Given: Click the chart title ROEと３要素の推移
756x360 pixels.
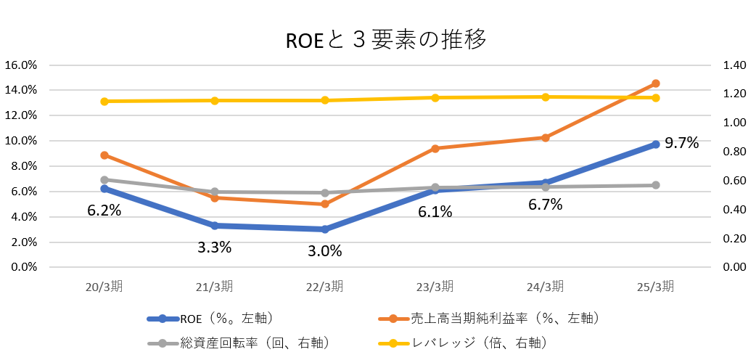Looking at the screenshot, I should pos(386,40).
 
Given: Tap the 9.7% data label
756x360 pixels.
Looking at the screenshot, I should pos(682,143).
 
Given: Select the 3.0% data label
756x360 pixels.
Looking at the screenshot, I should pos(324,251).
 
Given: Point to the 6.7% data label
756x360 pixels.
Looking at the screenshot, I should pos(546,205).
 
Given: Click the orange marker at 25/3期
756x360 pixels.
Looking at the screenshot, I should pos(655,83).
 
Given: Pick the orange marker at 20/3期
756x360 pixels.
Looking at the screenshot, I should pos(104,155).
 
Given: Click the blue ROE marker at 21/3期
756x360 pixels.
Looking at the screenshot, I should pos(215,226).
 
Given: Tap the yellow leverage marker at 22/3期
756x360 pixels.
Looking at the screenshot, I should pos(324,100).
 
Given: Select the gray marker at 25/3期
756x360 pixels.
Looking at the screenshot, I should pos(655,185).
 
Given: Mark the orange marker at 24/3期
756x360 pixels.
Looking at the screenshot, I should pos(545,137).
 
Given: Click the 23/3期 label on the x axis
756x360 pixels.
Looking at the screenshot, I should pos(435,287).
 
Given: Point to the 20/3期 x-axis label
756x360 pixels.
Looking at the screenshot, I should pos(104,287).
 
